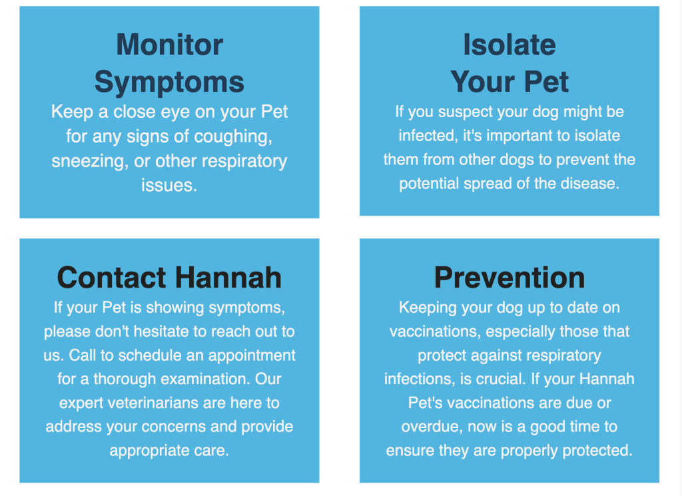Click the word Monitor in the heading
pyautogui.click(x=170, y=45)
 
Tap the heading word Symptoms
pyautogui.click(x=169, y=83)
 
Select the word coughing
pyautogui.click(x=233, y=137)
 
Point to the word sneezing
pyautogui.click(x=90, y=162)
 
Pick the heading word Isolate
pyautogui.click(x=510, y=45)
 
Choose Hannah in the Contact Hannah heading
pyautogui.click(x=229, y=278)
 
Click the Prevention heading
pyautogui.click(x=510, y=278)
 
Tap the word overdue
pyautogui.click(x=432, y=427)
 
